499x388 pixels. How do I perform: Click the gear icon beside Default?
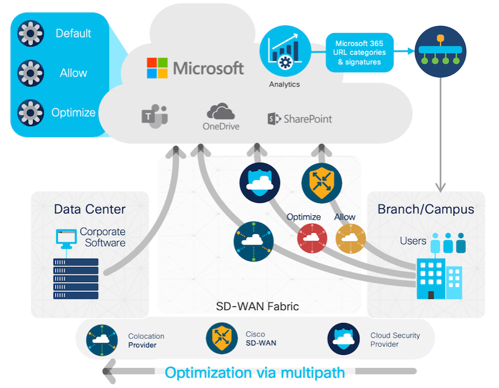click(31, 34)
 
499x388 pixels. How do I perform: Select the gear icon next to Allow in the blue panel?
click(31, 73)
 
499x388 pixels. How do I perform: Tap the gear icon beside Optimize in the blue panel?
click(31, 112)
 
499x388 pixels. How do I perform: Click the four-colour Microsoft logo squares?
click(157, 68)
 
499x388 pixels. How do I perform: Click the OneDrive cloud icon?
click(220, 112)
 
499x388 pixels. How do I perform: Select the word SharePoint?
click(308, 119)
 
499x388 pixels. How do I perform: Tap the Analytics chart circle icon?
click(284, 51)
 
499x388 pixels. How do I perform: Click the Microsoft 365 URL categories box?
click(360, 52)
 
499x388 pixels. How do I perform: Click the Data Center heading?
click(89, 209)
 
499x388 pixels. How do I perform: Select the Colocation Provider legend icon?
click(102, 340)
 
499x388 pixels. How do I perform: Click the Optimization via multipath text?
click(255, 373)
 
